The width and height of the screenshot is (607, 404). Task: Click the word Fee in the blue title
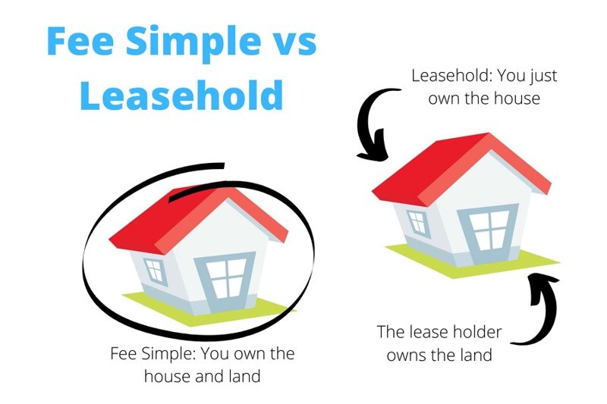tap(80, 41)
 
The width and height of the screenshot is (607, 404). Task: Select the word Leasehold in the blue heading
tap(181, 94)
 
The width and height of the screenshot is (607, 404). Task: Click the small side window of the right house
tap(419, 224)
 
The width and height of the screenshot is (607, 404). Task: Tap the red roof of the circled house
tap(198, 219)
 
